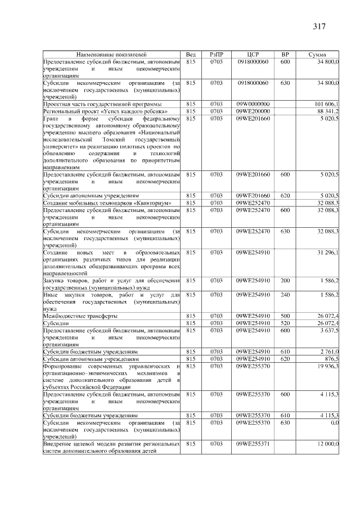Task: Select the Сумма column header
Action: (x=318, y=54)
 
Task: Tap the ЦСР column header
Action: (x=253, y=54)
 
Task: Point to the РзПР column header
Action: (x=217, y=54)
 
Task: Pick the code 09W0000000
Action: (x=253, y=104)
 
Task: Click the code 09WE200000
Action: (x=253, y=111)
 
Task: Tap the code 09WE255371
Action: (x=253, y=444)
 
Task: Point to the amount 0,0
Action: (x=334, y=422)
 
